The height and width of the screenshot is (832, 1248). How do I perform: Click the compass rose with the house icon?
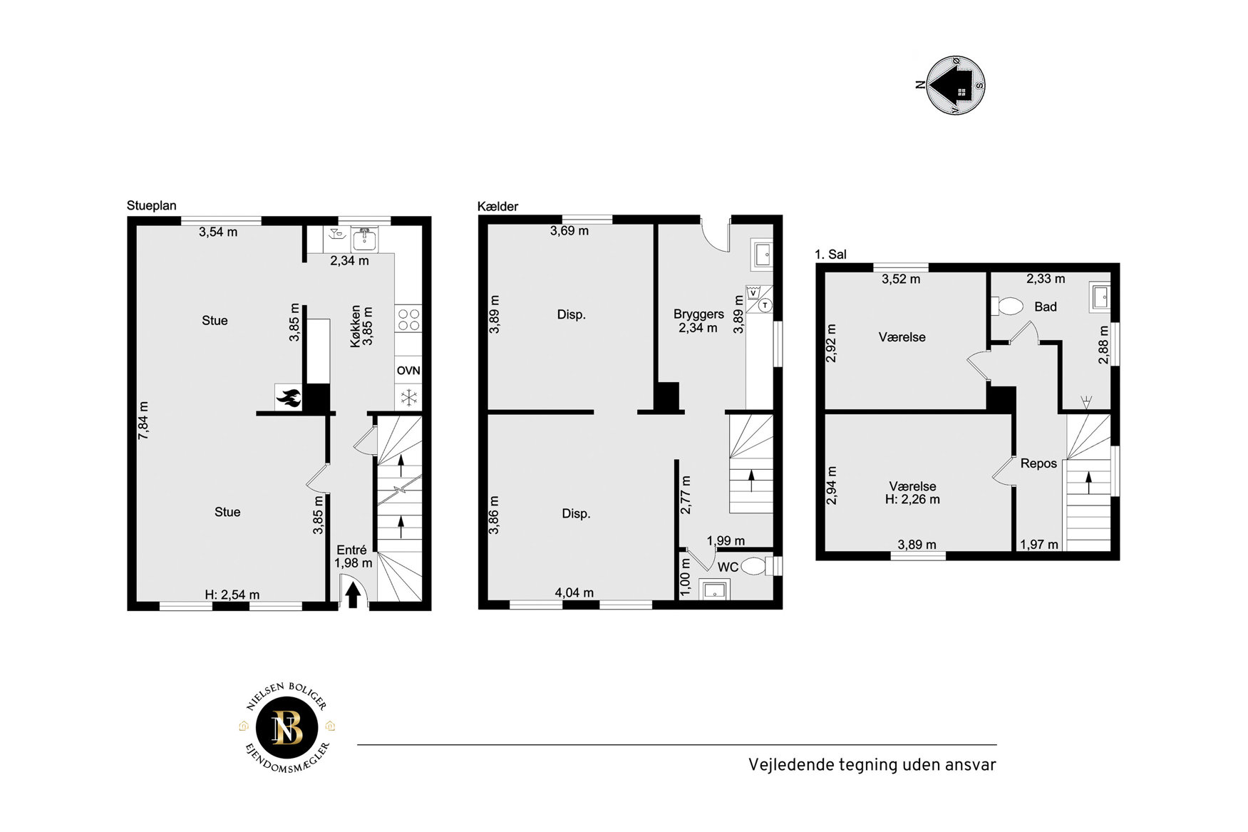[x=956, y=86]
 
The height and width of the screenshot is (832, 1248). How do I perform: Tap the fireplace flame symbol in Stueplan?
[x=289, y=398]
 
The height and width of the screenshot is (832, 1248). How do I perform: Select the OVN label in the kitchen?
[x=408, y=371]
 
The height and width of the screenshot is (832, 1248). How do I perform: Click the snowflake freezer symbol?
[x=409, y=398]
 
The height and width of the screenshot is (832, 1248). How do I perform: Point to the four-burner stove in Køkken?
[x=408, y=319]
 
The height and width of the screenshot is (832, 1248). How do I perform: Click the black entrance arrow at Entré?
[x=353, y=596]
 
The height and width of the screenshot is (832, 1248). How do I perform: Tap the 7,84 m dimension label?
[x=144, y=420]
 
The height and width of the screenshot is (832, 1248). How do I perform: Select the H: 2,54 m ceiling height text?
[x=232, y=595]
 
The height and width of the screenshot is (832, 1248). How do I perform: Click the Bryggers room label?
[x=698, y=314]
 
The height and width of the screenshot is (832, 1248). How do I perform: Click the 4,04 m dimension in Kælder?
[x=574, y=592]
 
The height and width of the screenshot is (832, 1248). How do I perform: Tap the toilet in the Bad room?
[x=1007, y=307]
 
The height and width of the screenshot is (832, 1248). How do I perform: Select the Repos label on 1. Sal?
[x=1038, y=463]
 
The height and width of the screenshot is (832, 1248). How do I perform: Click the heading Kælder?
[x=497, y=206]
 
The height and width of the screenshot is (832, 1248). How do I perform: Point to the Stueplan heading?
[x=151, y=205]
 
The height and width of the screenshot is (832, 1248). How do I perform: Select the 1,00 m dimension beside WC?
[x=685, y=577]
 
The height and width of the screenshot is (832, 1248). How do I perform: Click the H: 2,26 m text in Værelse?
[x=912, y=500]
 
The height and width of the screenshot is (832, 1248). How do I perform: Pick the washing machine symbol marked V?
[x=753, y=293]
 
